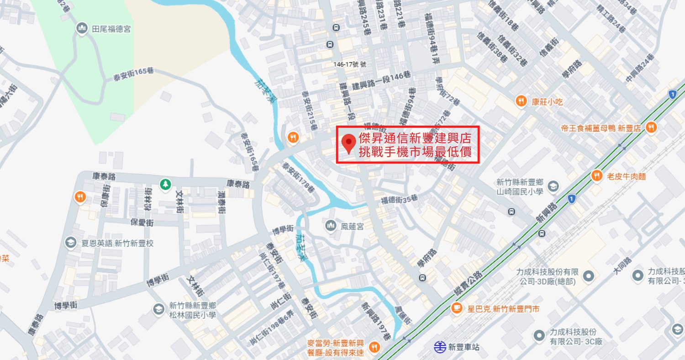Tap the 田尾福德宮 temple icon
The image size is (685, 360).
coord(82,29)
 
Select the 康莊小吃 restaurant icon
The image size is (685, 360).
coord(521,101)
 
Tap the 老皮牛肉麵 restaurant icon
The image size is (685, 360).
coord(596,175)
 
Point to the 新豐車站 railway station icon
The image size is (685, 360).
coord(440,347)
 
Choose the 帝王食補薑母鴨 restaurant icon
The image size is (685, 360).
coord(651,127)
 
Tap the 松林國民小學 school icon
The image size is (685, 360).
coord(158,309)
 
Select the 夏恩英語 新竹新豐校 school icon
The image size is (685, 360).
coord(70,243)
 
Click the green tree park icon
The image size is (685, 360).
coord(165,184)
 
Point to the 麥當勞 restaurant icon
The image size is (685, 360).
coord(374,347)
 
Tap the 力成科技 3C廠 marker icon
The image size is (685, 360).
coord(539,336)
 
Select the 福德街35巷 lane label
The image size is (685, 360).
coord(399,199)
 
